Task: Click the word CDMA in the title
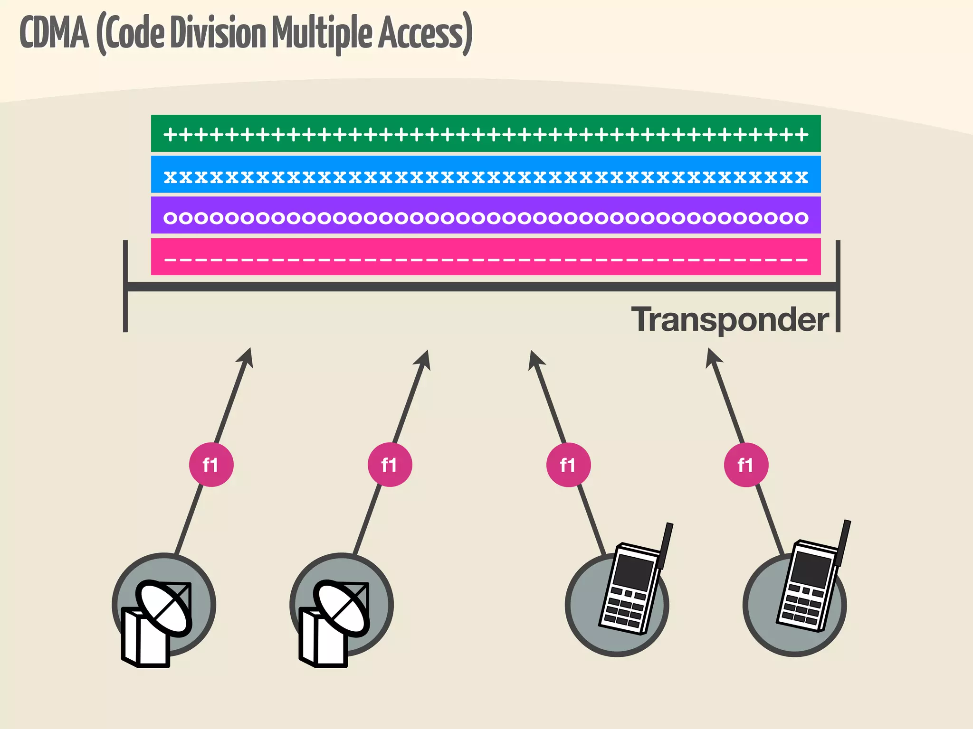pyautogui.click(x=54, y=33)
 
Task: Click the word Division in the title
pyautogui.click(x=218, y=33)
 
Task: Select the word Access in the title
pyautogui.click(x=420, y=33)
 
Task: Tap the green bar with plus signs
pyautogui.click(x=486, y=133)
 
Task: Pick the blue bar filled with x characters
pyautogui.click(x=486, y=174)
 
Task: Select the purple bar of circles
pyautogui.click(x=486, y=215)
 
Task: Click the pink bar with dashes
pyautogui.click(x=486, y=257)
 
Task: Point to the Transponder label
pyautogui.click(x=730, y=320)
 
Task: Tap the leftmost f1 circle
pyautogui.click(x=211, y=465)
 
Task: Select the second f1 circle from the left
pyautogui.click(x=390, y=465)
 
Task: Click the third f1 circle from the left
pyautogui.click(x=568, y=465)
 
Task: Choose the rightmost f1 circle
pyautogui.click(x=746, y=465)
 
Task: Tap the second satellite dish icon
pyautogui.click(x=335, y=617)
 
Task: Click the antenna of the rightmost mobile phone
pyautogui.click(x=844, y=541)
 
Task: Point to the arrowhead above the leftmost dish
pyautogui.click(x=246, y=358)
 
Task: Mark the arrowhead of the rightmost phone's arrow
pyautogui.click(x=712, y=358)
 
